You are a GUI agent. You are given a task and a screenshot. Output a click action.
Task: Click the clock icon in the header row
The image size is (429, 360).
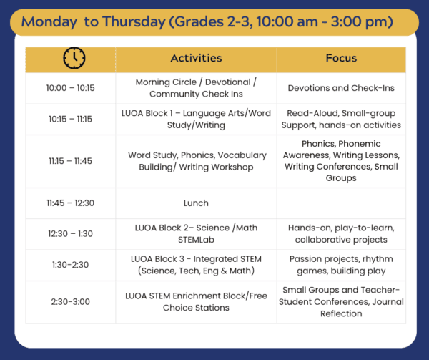coord(74,58)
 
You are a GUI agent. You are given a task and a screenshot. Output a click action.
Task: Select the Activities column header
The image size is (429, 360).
coord(196,58)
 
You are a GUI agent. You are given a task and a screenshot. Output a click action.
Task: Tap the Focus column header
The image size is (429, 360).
coord(341,58)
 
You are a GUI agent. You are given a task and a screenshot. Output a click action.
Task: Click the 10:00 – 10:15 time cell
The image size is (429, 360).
coord(70,88)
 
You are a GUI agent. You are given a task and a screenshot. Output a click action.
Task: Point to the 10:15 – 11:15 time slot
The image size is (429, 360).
coord(70,119)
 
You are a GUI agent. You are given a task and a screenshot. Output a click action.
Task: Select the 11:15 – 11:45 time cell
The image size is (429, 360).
coord(70,161)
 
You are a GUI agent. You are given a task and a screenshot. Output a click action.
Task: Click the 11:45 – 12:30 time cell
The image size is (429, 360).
coord(70,203)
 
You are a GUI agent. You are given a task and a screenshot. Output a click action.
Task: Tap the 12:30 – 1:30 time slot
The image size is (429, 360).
coord(70,234)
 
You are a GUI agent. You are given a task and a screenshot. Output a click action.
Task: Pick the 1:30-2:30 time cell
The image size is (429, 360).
coord(70,265)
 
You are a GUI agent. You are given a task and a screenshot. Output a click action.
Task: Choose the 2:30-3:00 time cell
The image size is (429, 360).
coord(70,302)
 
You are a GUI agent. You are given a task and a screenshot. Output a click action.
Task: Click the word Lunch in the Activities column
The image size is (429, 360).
coord(196,203)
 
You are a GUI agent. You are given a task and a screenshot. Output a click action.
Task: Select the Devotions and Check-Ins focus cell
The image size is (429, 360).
coord(341,88)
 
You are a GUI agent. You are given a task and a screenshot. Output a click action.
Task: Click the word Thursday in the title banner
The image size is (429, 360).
coord(134,21)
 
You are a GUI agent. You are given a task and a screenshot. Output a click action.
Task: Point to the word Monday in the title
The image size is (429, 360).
coord(49,21)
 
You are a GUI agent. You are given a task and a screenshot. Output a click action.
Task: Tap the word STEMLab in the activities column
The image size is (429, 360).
coord(196,240)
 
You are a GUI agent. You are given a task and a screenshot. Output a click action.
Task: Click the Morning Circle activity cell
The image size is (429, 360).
coord(196,88)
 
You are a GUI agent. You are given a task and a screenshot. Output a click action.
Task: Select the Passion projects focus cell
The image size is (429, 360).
coord(341,265)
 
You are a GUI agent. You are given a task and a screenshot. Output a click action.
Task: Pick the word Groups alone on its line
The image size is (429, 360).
coord(341,178)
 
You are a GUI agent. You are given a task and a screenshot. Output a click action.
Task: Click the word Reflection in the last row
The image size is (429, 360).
coord(341,313)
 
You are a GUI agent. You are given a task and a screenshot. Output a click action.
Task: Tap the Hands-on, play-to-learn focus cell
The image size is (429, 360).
coord(341,234)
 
